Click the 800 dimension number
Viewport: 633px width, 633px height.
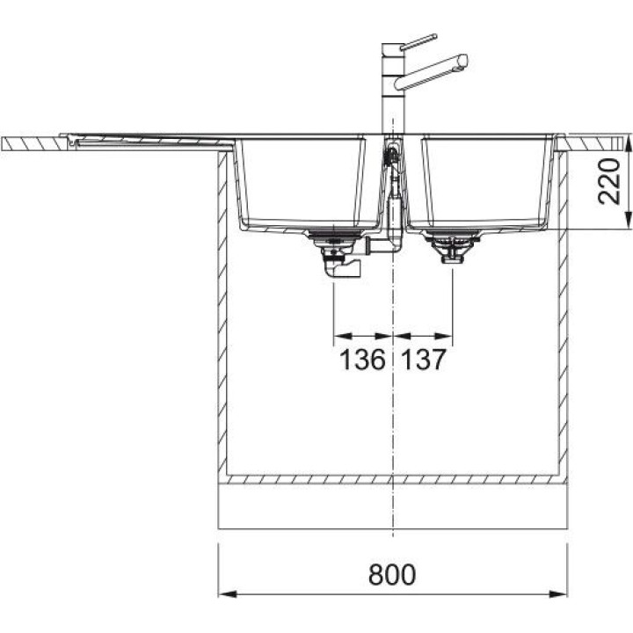[391, 574]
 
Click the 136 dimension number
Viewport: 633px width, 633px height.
[362, 360]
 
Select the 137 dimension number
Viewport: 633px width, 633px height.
[424, 360]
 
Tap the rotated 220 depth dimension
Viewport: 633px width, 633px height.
[608, 181]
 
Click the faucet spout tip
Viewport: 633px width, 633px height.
[463, 61]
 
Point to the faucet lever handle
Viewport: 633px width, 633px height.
[419, 42]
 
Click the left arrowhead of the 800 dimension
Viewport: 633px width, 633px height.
[227, 593]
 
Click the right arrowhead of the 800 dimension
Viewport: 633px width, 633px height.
[558, 593]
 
